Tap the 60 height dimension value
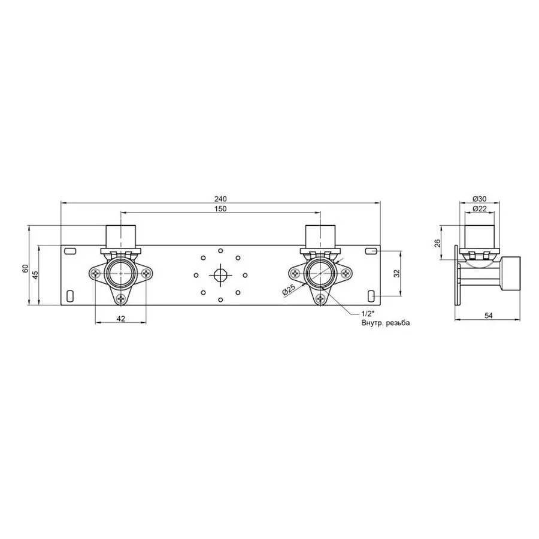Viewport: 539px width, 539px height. (x=25, y=269)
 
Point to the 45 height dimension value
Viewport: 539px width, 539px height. (x=35, y=274)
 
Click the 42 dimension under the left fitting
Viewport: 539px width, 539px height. (x=120, y=319)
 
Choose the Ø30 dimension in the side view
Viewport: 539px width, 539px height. (x=479, y=199)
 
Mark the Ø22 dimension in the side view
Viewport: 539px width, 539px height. (x=479, y=208)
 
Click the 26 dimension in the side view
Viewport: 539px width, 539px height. (x=438, y=243)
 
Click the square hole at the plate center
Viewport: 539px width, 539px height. (x=220, y=274)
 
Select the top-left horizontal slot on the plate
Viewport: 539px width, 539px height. (x=70, y=251)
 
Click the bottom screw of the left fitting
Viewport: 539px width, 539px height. (x=122, y=297)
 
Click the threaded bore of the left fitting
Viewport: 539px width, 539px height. (x=120, y=274)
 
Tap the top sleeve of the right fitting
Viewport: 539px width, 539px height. (x=320, y=235)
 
